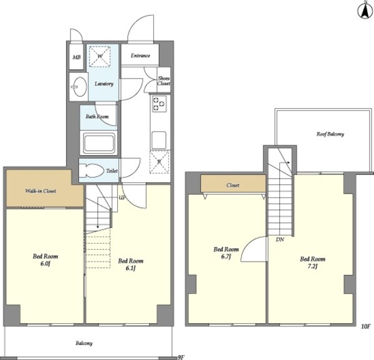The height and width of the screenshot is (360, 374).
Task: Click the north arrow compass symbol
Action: (x=364, y=10)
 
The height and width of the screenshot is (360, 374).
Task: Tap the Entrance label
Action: (x=140, y=55)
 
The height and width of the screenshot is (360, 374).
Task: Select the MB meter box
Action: (x=76, y=57)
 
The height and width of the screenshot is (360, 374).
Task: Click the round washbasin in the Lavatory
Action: (x=80, y=87)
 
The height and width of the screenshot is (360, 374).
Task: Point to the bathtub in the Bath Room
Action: (x=98, y=143)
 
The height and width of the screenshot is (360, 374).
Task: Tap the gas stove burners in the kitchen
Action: (x=159, y=104)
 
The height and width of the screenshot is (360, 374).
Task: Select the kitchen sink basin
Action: (x=159, y=140)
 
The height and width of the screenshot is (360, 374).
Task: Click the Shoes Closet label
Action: (x=163, y=81)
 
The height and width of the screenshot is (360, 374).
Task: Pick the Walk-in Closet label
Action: (x=41, y=191)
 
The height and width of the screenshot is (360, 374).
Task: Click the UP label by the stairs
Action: (x=122, y=197)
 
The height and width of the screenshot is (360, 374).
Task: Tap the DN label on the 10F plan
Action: (x=280, y=240)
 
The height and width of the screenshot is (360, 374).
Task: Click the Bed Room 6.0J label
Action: (x=46, y=260)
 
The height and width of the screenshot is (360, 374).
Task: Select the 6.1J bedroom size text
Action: (x=131, y=268)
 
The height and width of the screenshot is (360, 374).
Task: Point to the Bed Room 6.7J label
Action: (x=226, y=252)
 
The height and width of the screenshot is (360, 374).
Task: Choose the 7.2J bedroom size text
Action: (x=313, y=267)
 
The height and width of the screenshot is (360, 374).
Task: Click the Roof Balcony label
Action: (x=330, y=134)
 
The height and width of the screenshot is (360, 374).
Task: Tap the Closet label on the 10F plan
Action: (x=233, y=185)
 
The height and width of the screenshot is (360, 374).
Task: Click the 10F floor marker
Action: (x=365, y=326)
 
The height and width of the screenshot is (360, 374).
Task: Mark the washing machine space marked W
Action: (x=100, y=57)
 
